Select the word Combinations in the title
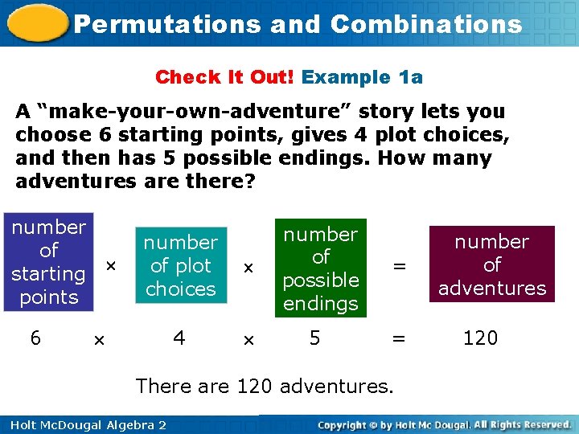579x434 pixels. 426,24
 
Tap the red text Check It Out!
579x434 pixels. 226,77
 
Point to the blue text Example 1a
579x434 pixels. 362,77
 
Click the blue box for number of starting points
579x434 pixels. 48,262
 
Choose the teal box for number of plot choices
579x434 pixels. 181,265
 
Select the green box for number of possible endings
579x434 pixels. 320,268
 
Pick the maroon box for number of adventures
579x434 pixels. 492,264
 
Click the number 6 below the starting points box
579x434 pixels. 35,338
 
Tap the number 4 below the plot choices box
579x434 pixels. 179,338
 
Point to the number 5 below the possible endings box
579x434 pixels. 315,338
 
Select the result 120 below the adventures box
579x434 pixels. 480,338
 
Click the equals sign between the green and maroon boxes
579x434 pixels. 398,266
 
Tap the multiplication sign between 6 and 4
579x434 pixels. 99,341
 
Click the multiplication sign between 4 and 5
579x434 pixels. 248,341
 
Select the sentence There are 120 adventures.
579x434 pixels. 265,386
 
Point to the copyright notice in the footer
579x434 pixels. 445,424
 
